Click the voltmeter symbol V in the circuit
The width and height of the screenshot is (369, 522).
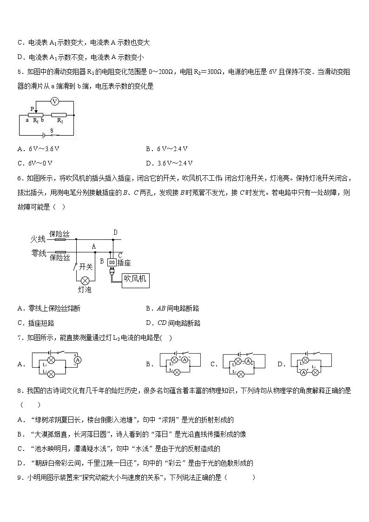click(x=54, y=101)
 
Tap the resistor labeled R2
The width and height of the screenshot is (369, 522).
click(x=59, y=114)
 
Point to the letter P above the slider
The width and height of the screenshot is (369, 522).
click(x=32, y=108)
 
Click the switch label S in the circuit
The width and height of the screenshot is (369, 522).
click(x=52, y=131)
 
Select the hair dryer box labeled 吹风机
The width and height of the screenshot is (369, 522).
click(x=135, y=279)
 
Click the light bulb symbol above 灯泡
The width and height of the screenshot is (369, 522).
click(x=85, y=281)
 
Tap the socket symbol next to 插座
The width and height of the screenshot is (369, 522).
click(x=112, y=262)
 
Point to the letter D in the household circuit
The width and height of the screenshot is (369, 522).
click(x=115, y=232)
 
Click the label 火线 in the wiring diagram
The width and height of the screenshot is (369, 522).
click(x=38, y=239)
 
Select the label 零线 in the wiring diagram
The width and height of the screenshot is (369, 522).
click(x=38, y=253)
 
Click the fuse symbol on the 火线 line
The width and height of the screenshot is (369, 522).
click(x=60, y=240)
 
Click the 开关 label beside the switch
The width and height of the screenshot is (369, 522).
click(x=86, y=266)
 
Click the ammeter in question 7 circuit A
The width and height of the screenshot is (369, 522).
click(x=78, y=360)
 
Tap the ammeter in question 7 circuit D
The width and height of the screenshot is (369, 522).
click(x=303, y=372)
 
